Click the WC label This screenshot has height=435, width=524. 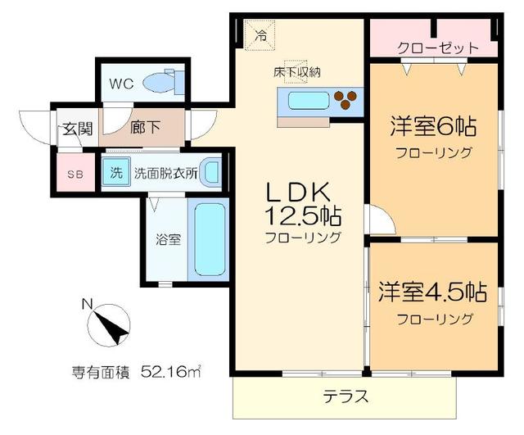pyautogui.click(x=122, y=83)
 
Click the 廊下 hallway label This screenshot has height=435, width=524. pyautogui.click(x=146, y=128)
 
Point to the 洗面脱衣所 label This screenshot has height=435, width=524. pyautogui.click(x=165, y=174)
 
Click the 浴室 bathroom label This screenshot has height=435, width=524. pyautogui.click(x=169, y=241)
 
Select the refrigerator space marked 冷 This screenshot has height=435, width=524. pyautogui.click(x=261, y=35)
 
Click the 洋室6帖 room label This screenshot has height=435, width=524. pyautogui.click(x=432, y=128)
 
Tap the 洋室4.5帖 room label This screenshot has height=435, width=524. pyautogui.click(x=433, y=292)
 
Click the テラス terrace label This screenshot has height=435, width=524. pyautogui.click(x=343, y=397)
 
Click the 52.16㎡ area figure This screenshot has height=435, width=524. pyautogui.click(x=169, y=371)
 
